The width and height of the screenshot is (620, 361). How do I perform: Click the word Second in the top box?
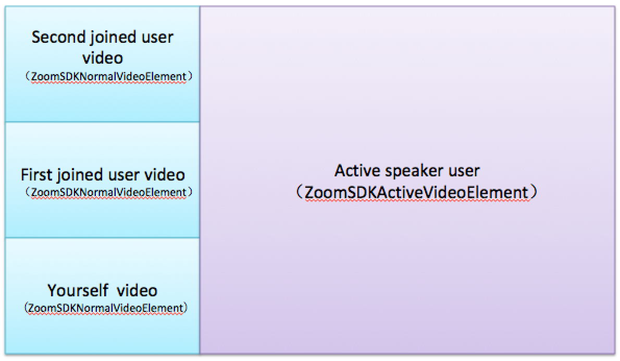[x=58, y=37]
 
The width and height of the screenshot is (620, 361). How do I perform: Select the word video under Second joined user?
[x=103, y=58]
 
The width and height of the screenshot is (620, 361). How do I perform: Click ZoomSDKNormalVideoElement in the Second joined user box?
[x=108, y=76]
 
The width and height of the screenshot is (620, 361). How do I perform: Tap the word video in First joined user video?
[x=165, y=175]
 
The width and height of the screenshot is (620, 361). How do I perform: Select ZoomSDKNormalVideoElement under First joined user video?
[x=108, y=192]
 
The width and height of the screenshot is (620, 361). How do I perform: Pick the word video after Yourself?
[x=137, y=291]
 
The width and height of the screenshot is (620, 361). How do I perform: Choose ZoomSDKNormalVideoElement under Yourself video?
[x=106, y=308]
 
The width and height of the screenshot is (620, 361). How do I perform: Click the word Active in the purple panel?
[x=357, y=171]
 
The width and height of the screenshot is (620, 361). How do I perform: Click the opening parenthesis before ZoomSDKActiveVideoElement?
[x=300, y=193]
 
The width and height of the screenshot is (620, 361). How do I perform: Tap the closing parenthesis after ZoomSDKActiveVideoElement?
[x=534, y=193]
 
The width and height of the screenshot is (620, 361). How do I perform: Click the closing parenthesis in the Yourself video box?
[x=185, y=308]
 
